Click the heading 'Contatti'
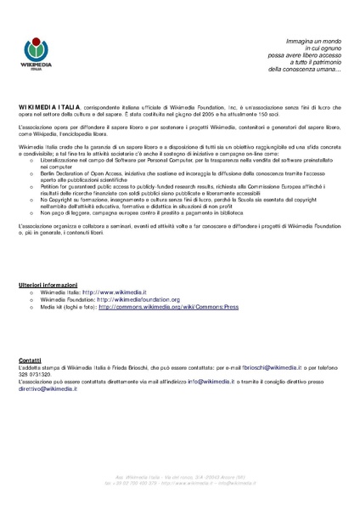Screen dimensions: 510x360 30,361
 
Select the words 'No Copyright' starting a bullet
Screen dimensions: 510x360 56,200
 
